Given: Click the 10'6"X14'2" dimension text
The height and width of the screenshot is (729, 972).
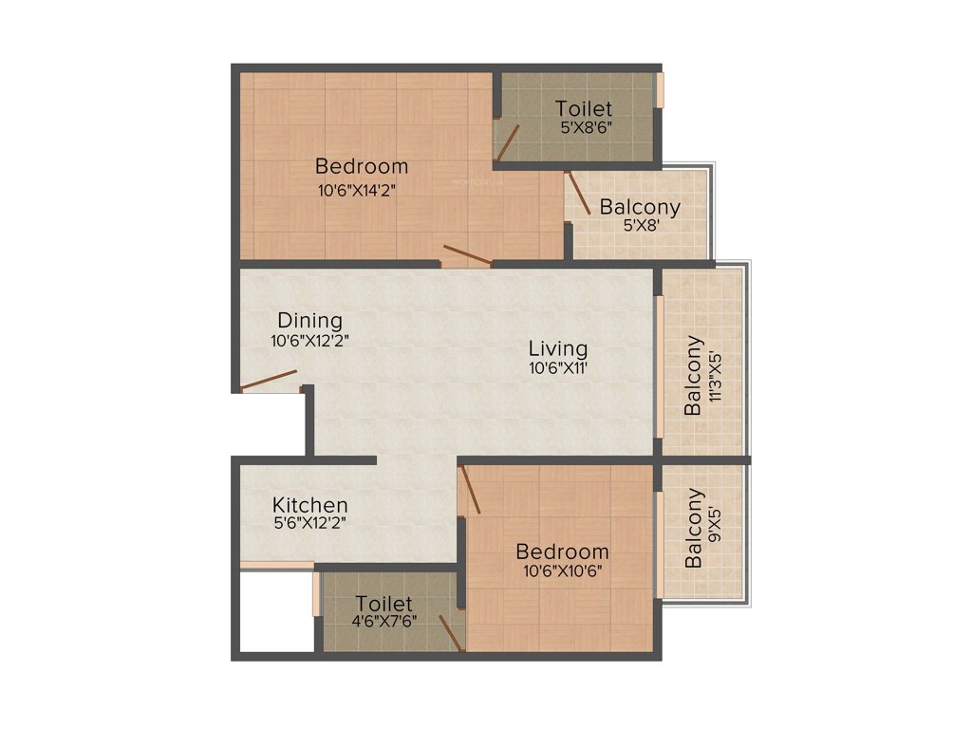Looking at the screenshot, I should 357,189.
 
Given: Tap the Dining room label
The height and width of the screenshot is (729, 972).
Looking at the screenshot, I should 309,321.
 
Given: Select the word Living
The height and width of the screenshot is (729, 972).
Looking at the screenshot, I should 558,348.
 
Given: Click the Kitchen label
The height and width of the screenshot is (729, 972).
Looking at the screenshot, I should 309,505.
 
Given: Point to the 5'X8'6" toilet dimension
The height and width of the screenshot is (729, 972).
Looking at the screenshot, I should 584,127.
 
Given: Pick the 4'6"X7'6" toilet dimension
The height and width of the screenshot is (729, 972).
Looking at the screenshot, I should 383,623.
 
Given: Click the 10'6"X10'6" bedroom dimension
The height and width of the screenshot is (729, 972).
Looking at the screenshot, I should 562,570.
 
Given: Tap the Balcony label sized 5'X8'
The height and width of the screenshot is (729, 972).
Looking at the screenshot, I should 640,207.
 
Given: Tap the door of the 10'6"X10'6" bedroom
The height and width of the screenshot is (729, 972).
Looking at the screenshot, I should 469,490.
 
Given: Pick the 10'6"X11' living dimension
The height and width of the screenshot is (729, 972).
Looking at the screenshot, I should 558,368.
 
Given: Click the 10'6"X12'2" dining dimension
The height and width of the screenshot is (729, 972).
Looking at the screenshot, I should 309,340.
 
